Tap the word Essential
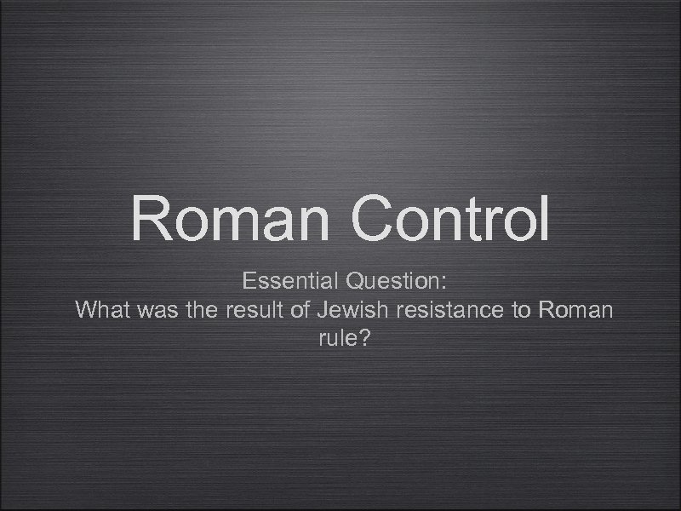tap(285, 280)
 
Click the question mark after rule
tap(363, 338)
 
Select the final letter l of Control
tap(542, 218)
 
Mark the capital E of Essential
tap(249, 280)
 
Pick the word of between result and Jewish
tap(299, 309)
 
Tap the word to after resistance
tap(521, 309)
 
